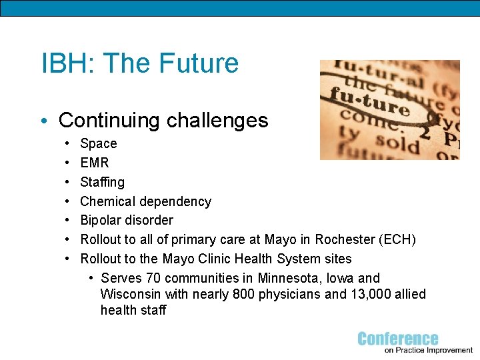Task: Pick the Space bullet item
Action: pos(98,143)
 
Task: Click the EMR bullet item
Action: pos(94,162)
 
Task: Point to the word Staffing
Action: pos(102,182)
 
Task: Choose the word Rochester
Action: pos(342,239)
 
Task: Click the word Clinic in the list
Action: pos(220,259)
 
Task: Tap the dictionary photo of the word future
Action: pos(389,110)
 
